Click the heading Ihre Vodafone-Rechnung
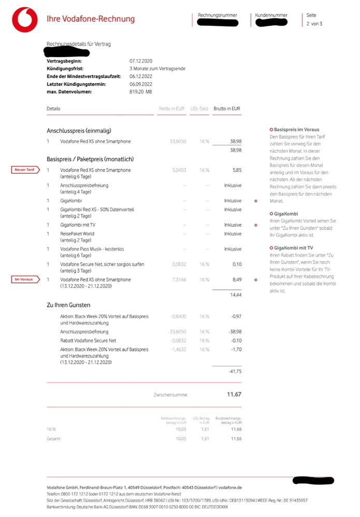click(x=91, y=19)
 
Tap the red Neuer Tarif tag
click(x=25, y=170)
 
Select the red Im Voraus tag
click(x=25, y=279)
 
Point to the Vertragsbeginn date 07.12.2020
click(x=140, y=61)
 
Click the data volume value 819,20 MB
click(x=141, y=92)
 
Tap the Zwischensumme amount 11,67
click(x=234, y=394)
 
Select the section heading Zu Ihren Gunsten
click(x=68, y=305)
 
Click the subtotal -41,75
click(x=235, y=372)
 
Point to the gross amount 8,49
click(x=236, y=279)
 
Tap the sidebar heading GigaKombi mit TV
click(x=293, y=248)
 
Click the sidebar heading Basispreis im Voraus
click(x=296, y=129)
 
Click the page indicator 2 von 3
click(x=314, y=24)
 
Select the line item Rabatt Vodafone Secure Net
click(x=88, y=341)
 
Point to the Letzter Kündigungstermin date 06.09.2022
click(x=140, y=84)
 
